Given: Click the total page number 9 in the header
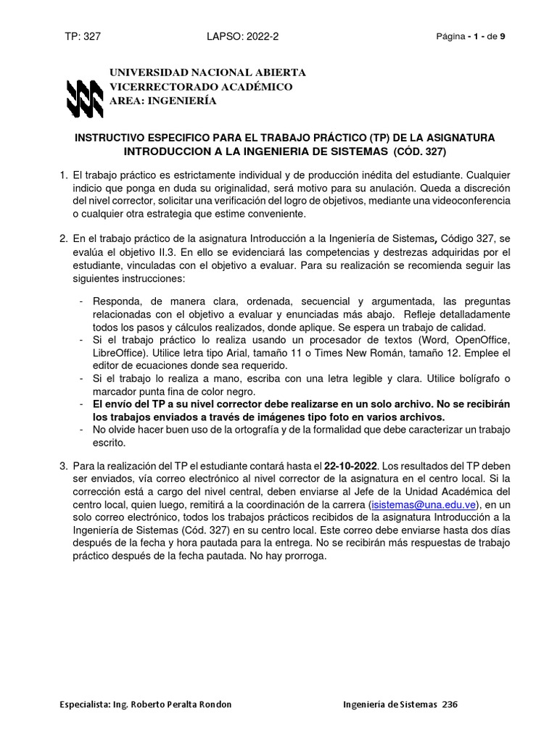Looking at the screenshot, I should pos(503,38).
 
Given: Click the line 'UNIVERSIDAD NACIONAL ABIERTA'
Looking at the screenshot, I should pos(207,73).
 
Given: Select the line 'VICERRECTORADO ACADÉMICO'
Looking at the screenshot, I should pos(200,87).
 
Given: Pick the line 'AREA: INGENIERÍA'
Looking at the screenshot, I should pos(162,101).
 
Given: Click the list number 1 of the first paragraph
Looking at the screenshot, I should pos(63,175).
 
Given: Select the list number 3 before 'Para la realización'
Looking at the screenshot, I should pos(63,464).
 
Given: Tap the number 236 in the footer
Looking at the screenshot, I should pos(450,704).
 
